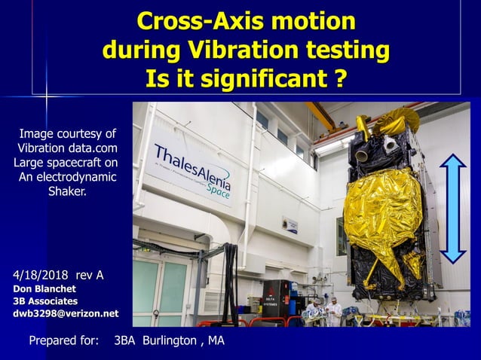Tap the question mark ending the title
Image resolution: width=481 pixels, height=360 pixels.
[x=340, y=78]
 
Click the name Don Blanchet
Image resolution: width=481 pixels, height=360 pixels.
[x=44, y=288]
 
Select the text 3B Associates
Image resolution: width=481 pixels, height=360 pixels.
[x=45, y=301]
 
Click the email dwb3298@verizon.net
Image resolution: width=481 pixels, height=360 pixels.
[x=66, y=313]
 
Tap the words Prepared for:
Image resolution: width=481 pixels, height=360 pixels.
[x=63, y=341]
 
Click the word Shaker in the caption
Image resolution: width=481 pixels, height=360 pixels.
[x=67, y=191]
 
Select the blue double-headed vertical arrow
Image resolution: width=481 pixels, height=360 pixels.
[x=452, y=208]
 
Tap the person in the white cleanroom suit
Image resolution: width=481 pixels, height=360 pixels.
[x=334, y=311]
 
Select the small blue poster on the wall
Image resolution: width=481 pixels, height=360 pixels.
[x=290, y=224]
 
